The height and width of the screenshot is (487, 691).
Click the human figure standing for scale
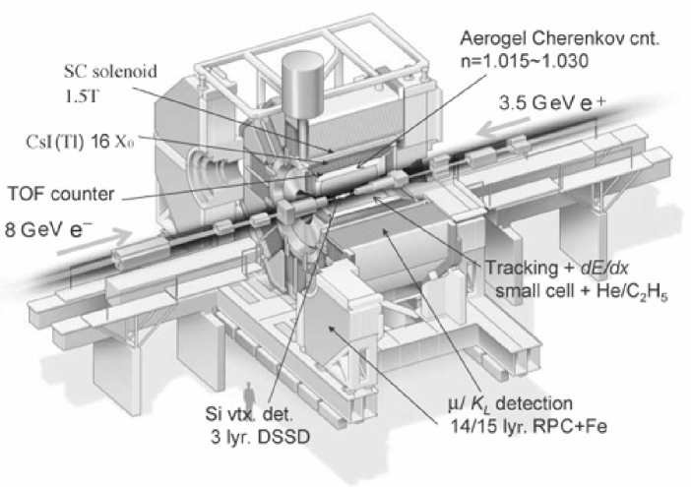click(249, 394)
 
